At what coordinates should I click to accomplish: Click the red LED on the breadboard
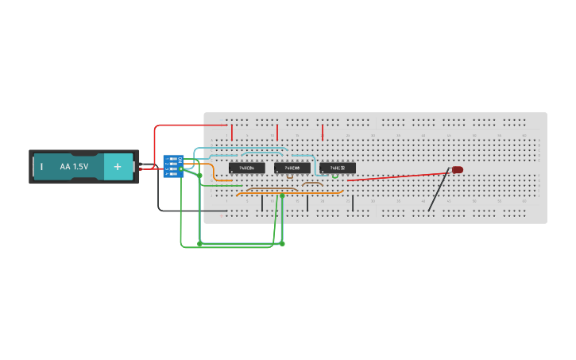pyautogui.click(x=458, y=169)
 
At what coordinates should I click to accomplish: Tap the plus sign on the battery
pyautogui.click(x=118, y=167)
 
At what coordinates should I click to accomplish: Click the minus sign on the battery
pyautogui.click(x=41, y=167)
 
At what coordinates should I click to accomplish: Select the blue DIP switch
pyautogui.click(x=172, y=166)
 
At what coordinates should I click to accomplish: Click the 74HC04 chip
pyautogui.click(x=246, y=168)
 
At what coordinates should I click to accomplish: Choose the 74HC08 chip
pyautogui.click(x=292, y=168)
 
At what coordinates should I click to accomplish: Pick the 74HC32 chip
pyautogui.click(x=337, y=168)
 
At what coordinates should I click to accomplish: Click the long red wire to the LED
pyautogui.click(x=397, y=175)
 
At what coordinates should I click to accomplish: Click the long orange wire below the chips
pyautogui.click(x=290, y=192)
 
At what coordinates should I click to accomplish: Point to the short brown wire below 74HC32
pyautogui.click(x=312, y=184)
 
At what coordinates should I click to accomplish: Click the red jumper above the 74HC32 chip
pyautogui.click(x=323, y=132)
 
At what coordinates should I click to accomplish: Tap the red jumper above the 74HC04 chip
pyautogui.click(x=232, y=132)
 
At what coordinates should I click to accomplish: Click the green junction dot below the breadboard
pyautogui.click(x=282, y=243)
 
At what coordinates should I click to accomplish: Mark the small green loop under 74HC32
pyautogui.click(x=335, y=177)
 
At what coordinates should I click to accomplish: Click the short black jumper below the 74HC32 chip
pyautogui.click(x=353, y=203)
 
